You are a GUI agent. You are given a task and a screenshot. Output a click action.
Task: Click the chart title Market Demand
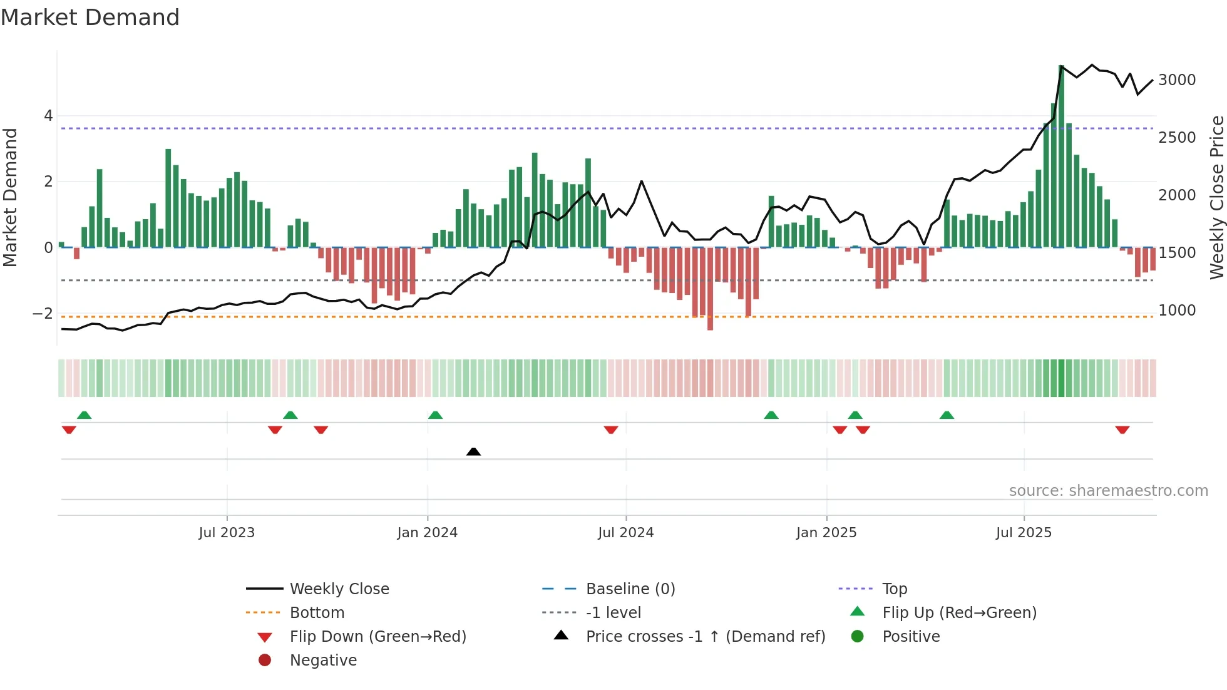90,18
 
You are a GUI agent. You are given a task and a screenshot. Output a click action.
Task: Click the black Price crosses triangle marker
473,451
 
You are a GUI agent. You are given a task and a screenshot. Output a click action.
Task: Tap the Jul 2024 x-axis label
625,533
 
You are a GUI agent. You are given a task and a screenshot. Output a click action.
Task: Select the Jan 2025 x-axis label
826,533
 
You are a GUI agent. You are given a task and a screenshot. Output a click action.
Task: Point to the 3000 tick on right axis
1177,80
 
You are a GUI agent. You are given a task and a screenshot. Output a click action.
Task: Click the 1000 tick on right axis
1177,311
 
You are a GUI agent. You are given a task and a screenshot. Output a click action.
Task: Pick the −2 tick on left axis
43,313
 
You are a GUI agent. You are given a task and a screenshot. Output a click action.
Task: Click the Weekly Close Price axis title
1216,197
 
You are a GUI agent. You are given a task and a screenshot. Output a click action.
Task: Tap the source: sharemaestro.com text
1108,491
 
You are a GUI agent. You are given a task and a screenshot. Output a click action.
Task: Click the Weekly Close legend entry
339,589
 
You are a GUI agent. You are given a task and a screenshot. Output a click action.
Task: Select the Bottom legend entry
317,613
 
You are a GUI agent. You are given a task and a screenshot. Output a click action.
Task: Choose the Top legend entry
894,589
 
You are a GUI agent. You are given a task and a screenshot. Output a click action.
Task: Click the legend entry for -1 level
613,613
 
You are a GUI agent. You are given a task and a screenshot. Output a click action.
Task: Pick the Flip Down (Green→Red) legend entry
377,637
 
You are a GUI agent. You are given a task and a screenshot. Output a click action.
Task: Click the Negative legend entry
323,661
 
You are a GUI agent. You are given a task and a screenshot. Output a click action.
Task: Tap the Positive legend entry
911,637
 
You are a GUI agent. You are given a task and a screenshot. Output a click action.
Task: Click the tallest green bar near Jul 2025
1061,157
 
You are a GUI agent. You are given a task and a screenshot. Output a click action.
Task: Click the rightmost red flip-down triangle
1122,430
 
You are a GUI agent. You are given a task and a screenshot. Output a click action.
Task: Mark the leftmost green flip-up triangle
84,415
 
